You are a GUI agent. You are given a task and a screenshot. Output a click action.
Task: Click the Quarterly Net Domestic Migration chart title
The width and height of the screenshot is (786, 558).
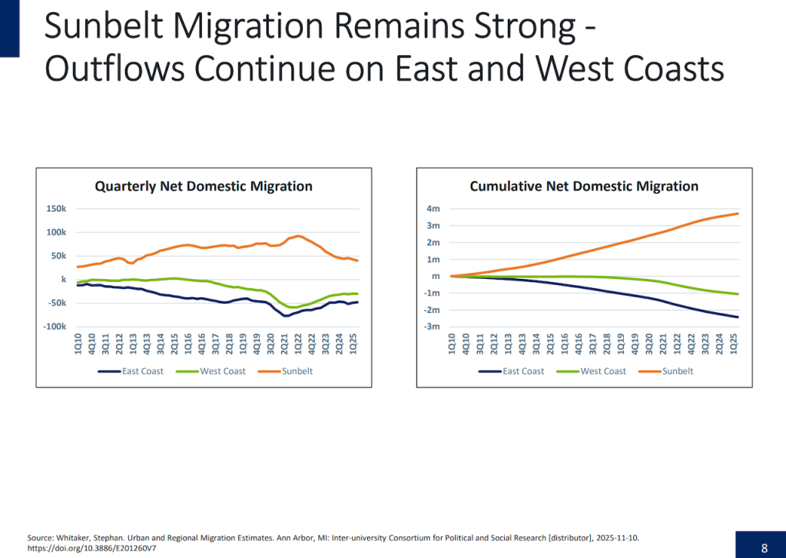203,186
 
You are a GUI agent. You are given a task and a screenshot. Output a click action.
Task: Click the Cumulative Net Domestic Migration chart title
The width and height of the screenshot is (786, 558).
584,186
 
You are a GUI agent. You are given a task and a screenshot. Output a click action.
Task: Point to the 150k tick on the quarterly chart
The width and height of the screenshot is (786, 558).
56,208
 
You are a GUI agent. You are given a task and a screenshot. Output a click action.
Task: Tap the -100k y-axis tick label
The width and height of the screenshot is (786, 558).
55,327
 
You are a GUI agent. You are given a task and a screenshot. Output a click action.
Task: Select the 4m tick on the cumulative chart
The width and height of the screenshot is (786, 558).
433,208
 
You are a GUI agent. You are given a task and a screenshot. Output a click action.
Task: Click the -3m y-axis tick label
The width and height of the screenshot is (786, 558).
433,327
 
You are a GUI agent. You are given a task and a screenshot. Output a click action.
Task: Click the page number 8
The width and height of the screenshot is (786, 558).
764,548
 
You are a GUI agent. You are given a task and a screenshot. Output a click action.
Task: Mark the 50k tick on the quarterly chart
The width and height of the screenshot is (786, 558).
58,256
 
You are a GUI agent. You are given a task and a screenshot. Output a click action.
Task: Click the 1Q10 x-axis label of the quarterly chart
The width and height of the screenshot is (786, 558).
78,343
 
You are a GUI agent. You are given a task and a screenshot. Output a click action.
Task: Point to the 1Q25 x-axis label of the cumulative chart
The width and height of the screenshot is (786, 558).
734,343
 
